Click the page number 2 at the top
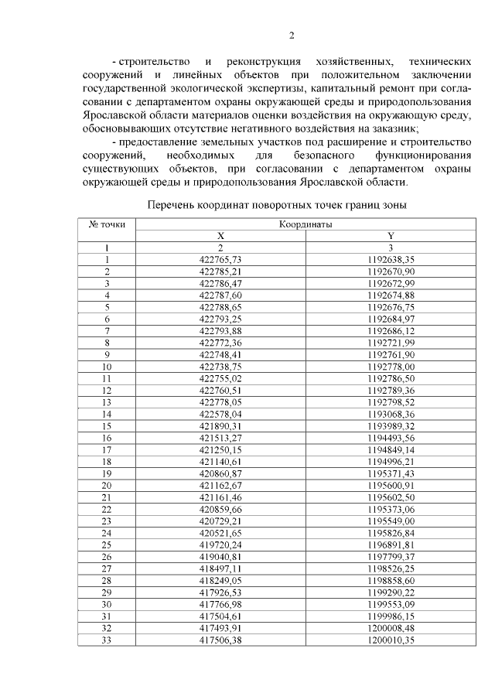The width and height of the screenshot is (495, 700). pos(292,35)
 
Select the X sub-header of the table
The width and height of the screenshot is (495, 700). pos(220,235)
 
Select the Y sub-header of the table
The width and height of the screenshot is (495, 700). pos(391,235)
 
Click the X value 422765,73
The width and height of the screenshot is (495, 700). pos(220,259)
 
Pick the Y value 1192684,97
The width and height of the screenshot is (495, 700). pos(391,319)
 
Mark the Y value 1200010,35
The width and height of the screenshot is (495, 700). pos(391,640)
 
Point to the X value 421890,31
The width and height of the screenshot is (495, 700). pos(220,425)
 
